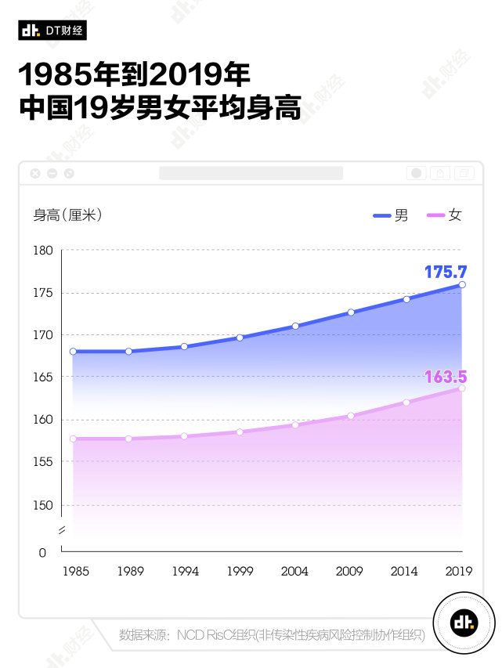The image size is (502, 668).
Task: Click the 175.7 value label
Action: click(445, 272)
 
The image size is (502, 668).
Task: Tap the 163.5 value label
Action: click(445, 377)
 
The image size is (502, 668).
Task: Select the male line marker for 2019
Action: click(462, 284)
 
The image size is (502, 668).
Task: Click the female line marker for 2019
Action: click(462, 388)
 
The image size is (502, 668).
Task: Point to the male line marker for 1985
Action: click(73, 352)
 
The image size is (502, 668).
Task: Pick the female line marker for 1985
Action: click(73, 439)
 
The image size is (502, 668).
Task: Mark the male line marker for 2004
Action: click(295, 326)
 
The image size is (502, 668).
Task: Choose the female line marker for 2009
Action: click(351, 416)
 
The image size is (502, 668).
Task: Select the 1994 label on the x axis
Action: click(185, 572)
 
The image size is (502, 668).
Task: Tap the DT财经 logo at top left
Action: click(52, 30)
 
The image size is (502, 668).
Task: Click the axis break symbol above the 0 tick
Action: click(62, 532)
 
